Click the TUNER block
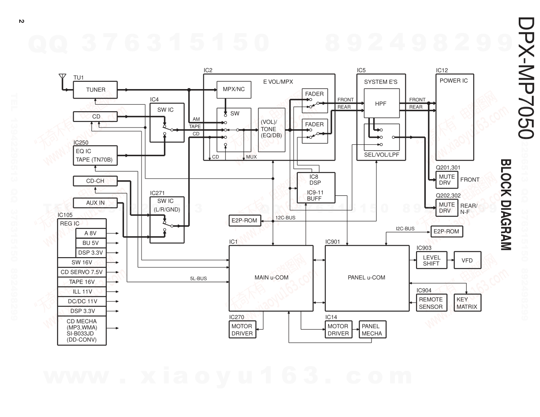(x=95, y=90)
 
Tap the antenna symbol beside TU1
(x=62, y=78)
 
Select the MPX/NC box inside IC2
(x=234, y=90)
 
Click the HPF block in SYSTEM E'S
(x=380, y=104)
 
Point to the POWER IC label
(x=453, y=81)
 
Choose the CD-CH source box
(x=95, y=181)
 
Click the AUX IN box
(x=95, y=203)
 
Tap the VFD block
(x=467, y=260)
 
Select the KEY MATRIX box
(x=467, y=303)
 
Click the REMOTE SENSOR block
(x=431, y=303)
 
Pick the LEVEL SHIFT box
(x=431, y=260)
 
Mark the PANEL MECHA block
(x=372, y=330)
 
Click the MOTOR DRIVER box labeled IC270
(x=242, y=330)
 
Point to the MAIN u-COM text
(x=271, y=278)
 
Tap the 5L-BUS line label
(x=198, y=279)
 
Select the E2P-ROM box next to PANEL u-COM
(x=446, y=232)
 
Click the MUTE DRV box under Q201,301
(x=447, y=180)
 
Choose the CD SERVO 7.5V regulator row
(x=81, y=272)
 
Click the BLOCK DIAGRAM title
(x=506, y=204)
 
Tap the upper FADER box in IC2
(x=315, y=101)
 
